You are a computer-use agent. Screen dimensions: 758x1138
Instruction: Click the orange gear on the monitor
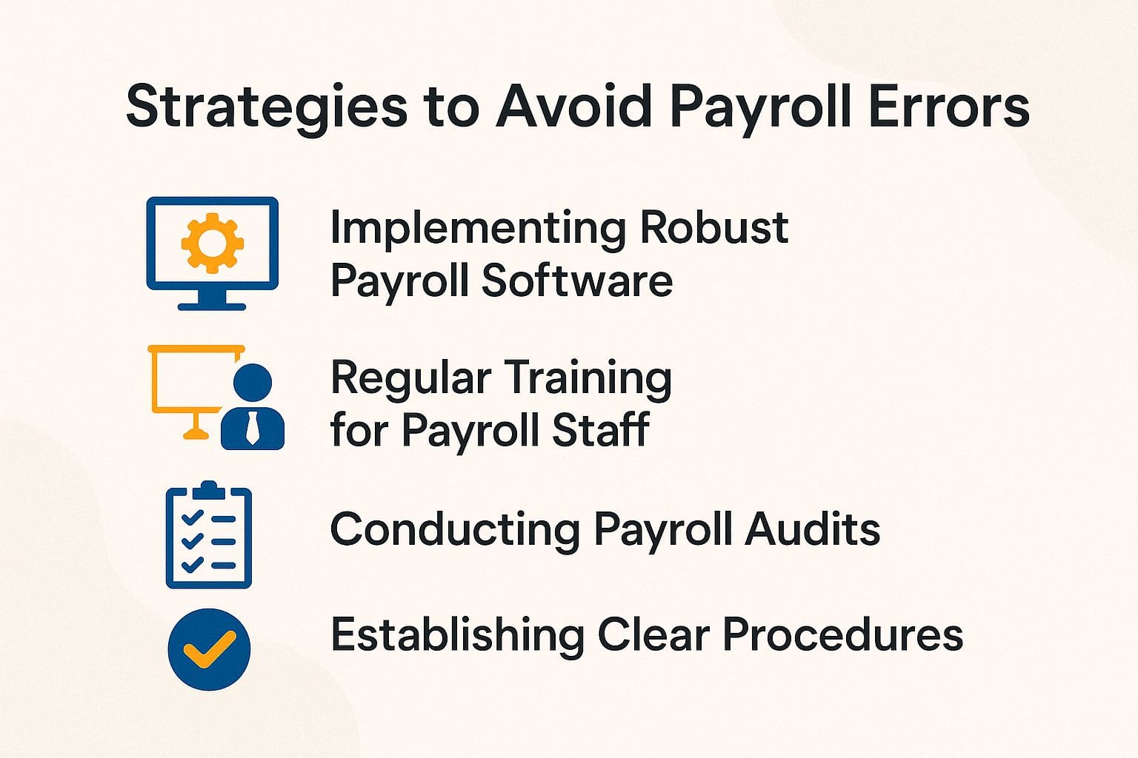(x=213, y=242)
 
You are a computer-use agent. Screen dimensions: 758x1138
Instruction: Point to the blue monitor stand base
(x=212, y=304)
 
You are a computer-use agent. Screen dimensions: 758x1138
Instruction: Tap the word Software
(x=577, y=281)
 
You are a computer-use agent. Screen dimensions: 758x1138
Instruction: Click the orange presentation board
(x=190, y=381)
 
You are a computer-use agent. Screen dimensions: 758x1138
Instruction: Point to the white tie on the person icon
(x=253, y=429)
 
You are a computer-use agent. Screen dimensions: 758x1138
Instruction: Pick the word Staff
(x=600, y=430)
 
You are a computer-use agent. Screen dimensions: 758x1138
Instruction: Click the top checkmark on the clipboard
(x=191, y=517)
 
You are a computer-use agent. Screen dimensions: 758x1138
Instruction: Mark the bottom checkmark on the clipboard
(x=191, y=564)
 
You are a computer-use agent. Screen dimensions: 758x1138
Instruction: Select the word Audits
(x=813, y=529)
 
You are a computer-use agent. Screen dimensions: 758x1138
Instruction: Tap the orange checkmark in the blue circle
(x=209, y=649)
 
